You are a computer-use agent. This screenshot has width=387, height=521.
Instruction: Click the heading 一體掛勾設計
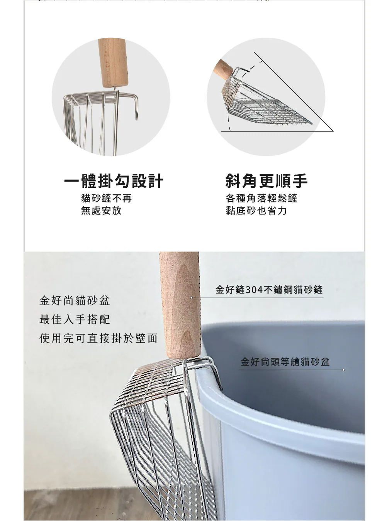pyautogui.click(x=114, y=181)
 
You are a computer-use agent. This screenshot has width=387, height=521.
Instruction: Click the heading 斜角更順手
pyautogui.click(x=266, y=181)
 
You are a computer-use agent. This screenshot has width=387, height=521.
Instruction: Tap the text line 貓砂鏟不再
pyautogui.click(x=106, y=198)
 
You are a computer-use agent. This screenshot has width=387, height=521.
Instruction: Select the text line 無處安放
pyautogui.click(x=101, y=210)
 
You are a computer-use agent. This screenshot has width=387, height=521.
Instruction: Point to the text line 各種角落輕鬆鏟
pyautogui.click(x=261, y=198)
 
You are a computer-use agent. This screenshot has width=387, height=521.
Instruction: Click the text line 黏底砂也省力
pyautogui.click(x=256, y=210)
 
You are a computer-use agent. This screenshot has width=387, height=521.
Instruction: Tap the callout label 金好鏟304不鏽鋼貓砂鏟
pyautogui.click(x=269, y=290)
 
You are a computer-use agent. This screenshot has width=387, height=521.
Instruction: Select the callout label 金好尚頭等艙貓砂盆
pyautogui.click(x=285, y=361)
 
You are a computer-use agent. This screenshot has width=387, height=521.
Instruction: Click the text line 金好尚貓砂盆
pyautogui.click(x=75, y=301)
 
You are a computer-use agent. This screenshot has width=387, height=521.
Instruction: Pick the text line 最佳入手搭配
pyautogui.click(x=75, y=319)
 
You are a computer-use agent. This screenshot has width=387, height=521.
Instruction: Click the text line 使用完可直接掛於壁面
pyautogui.click(x=98, y=338)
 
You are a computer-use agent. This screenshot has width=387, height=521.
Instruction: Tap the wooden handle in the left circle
pyautogui.click(x=113, y=63)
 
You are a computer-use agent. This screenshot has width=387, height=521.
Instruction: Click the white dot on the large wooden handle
pyautogui.click(x=192, y=298)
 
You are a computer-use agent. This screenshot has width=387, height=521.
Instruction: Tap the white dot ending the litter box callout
pyautogui.click(x=343, y=370)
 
